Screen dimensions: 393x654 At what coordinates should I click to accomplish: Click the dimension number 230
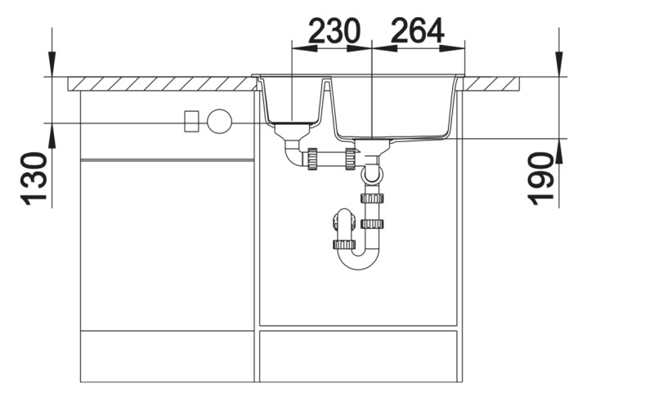[334, 31]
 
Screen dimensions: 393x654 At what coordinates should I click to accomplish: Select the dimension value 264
[417, 31]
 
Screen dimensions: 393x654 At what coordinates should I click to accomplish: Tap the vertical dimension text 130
[34, 178]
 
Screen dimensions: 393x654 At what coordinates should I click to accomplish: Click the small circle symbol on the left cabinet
[219, 122]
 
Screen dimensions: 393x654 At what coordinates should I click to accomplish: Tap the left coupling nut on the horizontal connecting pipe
[311, 159]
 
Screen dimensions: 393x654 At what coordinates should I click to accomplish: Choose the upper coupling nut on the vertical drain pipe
[372, 198]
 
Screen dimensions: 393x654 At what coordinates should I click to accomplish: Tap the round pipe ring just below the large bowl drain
[373, 173]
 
